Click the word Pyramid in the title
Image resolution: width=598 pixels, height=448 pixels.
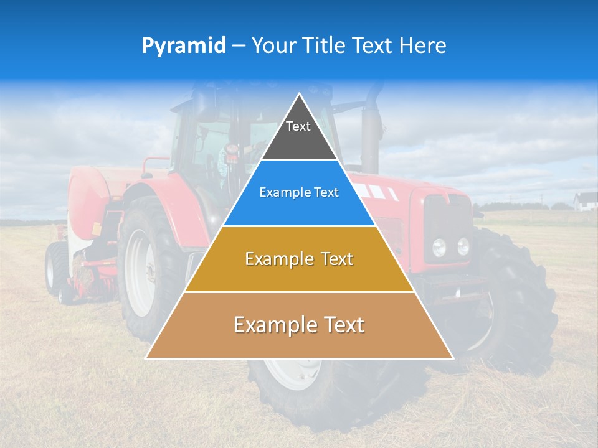click(x=184, y=46)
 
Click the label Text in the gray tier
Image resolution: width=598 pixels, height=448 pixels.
click(x=298, y=126)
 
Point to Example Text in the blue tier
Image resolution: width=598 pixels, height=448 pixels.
click(x=299, y=192)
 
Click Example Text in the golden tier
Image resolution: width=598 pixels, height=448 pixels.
click(x=299, y=259)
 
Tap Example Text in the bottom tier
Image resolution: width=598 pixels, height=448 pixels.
click(x=299, y=325)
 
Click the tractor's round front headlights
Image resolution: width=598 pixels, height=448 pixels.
click(x=451, y=247)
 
